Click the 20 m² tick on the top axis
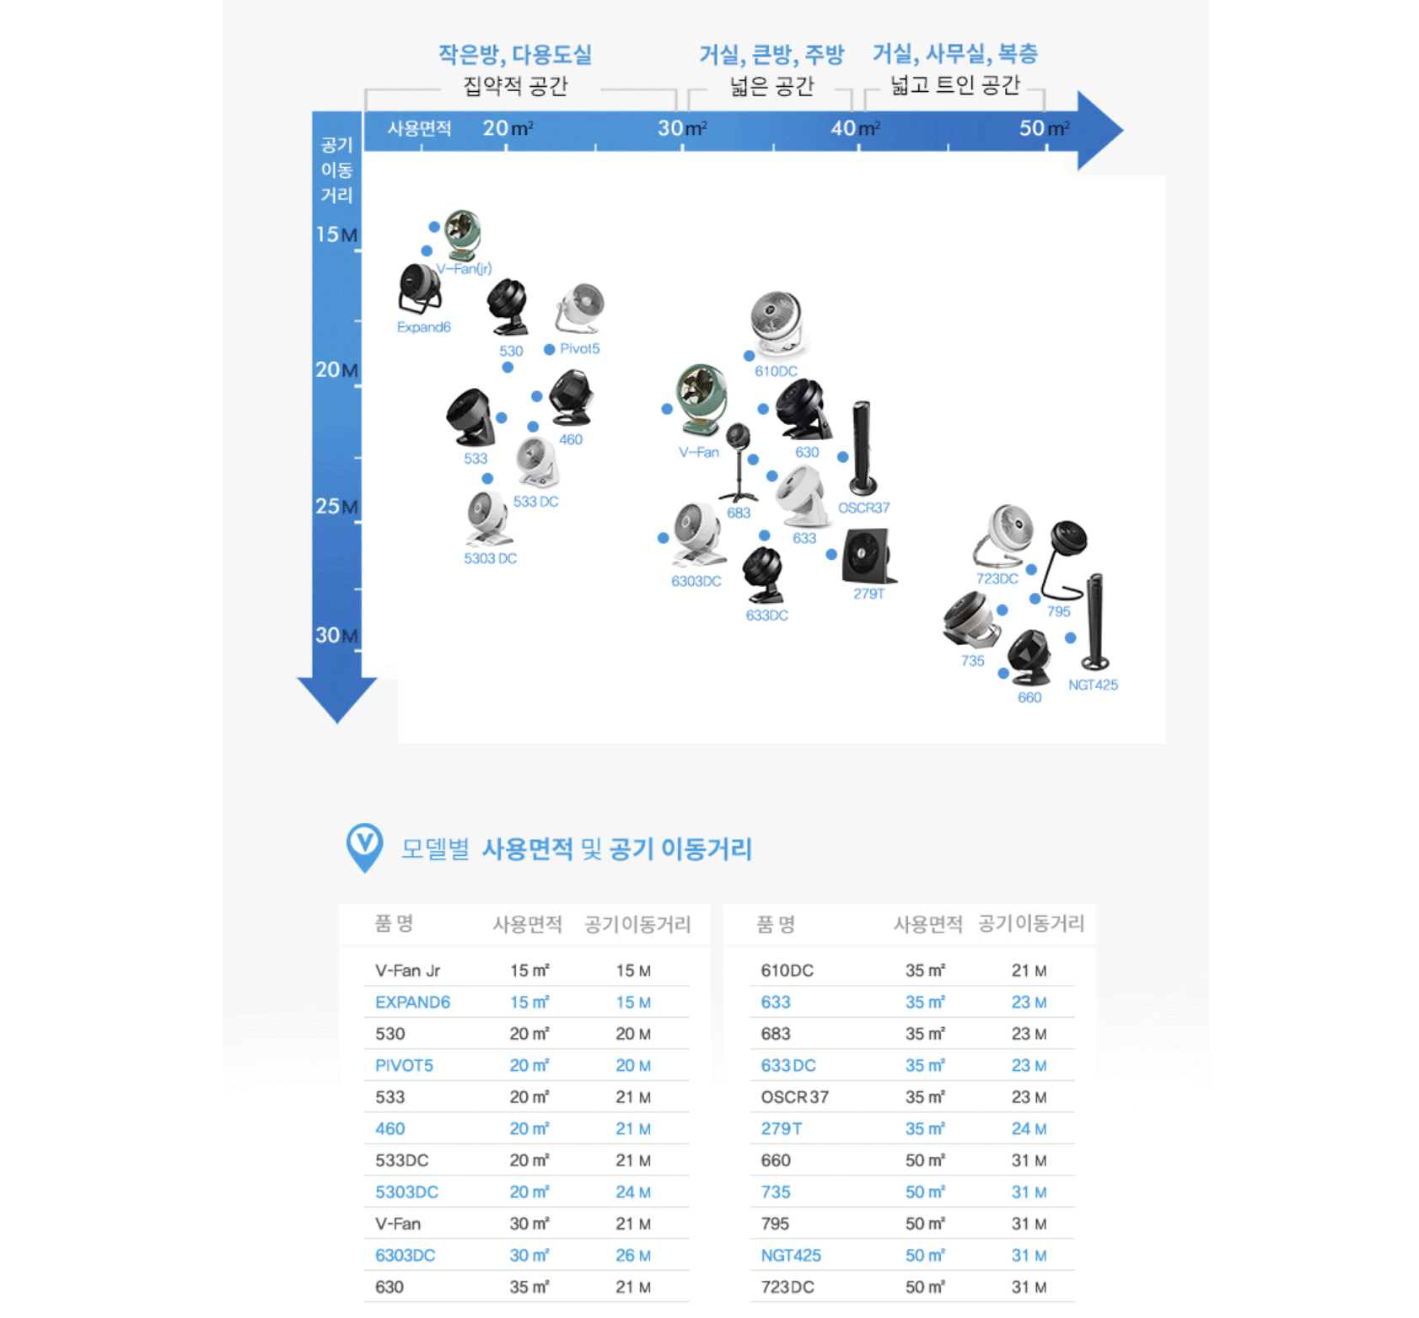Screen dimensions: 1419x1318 [x=507, y=148]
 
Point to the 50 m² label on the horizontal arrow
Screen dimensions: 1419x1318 [x=1044, y=128]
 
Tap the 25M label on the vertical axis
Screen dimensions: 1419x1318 [x=336, y=506]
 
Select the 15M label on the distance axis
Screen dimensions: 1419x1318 [x=336, y=234]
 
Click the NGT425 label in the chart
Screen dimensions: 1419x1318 [x=1093, y=685]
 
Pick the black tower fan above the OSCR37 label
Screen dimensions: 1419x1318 [x=862, y=448]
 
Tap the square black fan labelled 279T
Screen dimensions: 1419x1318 [x=868, y=557]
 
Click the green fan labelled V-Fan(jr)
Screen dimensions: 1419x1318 [x=463, y=235]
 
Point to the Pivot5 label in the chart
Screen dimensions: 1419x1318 [x=579, y=348]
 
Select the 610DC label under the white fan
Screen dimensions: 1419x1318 [x=776, y=371]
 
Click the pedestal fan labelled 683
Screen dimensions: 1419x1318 [x=739, y=463]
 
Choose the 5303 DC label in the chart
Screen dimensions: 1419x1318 [x=490, y=558]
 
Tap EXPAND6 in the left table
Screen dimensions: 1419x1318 [x=412, y=1002]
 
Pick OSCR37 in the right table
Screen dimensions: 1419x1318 [x=794, y=1097]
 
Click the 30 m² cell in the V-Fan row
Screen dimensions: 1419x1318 [x=529, y=1224]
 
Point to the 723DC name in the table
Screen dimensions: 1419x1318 [x=787, y=1287]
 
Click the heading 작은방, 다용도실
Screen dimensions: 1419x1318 [x=515, y=55]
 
